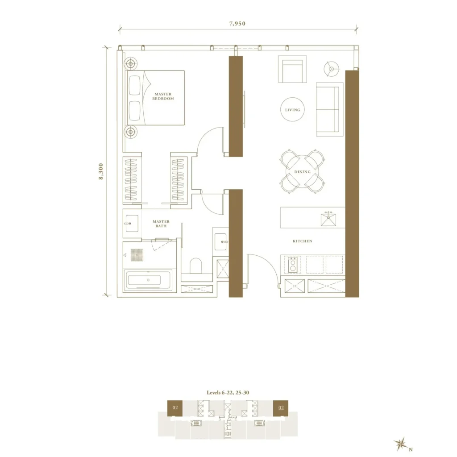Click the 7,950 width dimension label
point(237,24)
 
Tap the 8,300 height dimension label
point(101,171)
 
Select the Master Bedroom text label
point(163,96)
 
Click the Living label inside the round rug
point(293,110)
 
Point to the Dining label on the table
point(302,172)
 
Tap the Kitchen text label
point(303,241)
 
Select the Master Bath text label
point(161,224)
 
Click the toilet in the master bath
point(196,266)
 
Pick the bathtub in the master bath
point(148,280)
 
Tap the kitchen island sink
point(328,219)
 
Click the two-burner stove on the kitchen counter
point(293,265)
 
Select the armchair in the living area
point(292,69)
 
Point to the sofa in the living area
point(330,109)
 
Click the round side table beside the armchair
point(332,69)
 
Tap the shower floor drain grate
point(137,255)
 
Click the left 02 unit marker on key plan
point(175,408)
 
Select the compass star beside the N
point(401,444)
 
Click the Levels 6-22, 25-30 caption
point(228,393)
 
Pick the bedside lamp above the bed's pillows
point(131,63)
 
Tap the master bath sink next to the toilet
point(220,241)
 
